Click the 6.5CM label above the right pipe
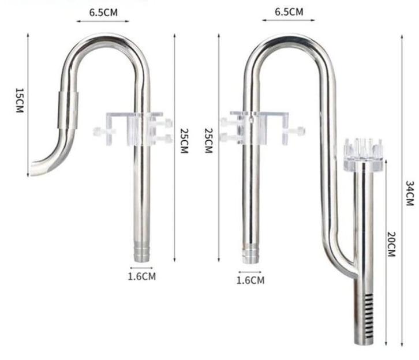289,11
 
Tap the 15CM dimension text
18,100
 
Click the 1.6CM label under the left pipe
142,276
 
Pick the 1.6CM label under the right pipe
250,280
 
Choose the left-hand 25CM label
184,140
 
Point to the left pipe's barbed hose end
140,253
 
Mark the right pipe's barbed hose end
249,255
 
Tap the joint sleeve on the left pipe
65,110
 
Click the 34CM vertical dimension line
402,190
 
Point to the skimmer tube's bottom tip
362,344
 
